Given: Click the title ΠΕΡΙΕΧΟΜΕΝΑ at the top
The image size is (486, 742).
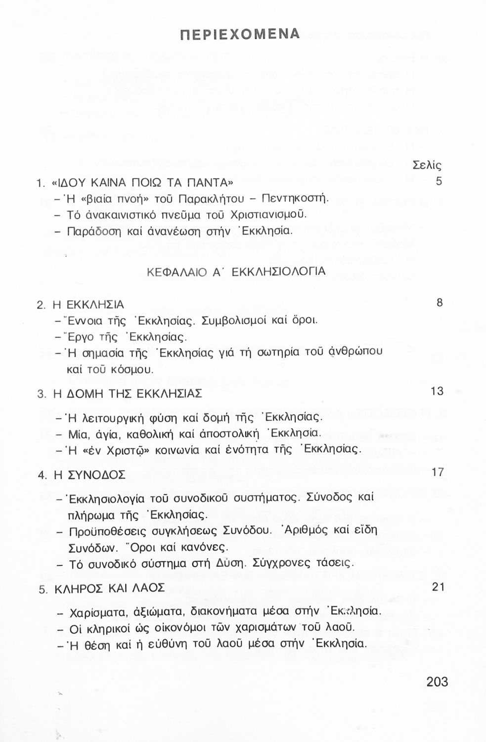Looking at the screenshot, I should tap(240, 34).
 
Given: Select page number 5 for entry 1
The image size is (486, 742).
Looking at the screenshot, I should tap(439, 181).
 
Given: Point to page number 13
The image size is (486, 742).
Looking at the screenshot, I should tap(437, 391).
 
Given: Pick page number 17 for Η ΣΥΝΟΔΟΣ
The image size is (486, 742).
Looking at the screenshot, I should tap(438, 472).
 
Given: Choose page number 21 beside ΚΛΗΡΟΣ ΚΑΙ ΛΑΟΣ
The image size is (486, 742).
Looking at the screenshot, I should tap(438, 587).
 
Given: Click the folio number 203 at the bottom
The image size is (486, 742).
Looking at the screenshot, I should tap(437, 682).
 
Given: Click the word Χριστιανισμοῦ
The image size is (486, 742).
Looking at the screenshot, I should tap(265, 215).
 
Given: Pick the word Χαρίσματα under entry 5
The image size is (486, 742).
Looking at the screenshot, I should tap(98, 612).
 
